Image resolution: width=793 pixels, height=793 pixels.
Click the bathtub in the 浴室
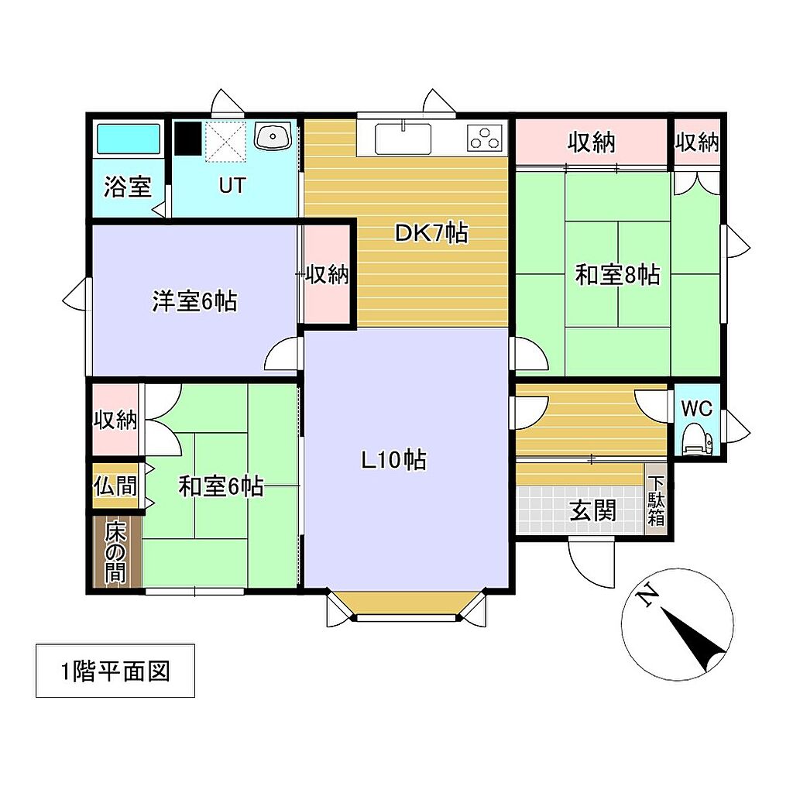coord(129,139)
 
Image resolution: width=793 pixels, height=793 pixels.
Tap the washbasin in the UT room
coord(273,136)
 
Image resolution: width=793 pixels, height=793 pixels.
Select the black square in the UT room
coord(188,138)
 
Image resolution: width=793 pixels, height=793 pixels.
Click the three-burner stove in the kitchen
coord(486,138)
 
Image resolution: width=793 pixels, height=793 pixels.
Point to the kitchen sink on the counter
coord(403,139)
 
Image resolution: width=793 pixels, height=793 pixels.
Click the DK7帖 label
coord(431,233)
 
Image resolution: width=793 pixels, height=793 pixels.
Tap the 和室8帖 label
coord(617,275)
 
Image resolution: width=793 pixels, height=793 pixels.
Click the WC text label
coord(696,407)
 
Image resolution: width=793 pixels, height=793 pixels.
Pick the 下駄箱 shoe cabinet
coord(656,499)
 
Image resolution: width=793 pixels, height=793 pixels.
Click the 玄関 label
coord(592,510)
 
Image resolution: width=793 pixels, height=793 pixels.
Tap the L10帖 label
coord(393,460)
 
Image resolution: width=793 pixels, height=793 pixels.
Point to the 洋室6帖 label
coord(194,301)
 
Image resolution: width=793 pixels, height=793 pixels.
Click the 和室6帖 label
coord(221,486)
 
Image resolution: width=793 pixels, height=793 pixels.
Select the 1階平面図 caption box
coord(115,671)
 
